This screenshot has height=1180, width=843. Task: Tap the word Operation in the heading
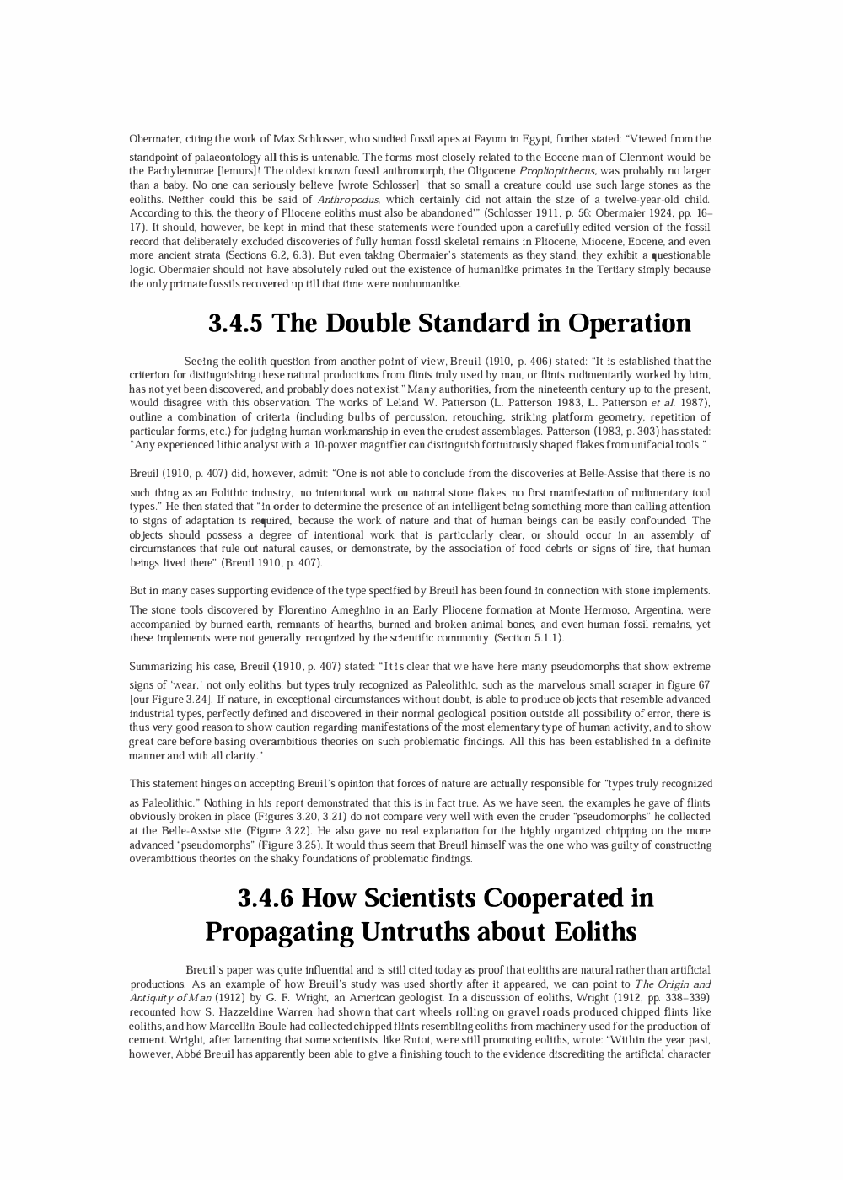pos(629,324)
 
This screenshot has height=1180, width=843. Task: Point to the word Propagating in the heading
pos(279,932)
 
